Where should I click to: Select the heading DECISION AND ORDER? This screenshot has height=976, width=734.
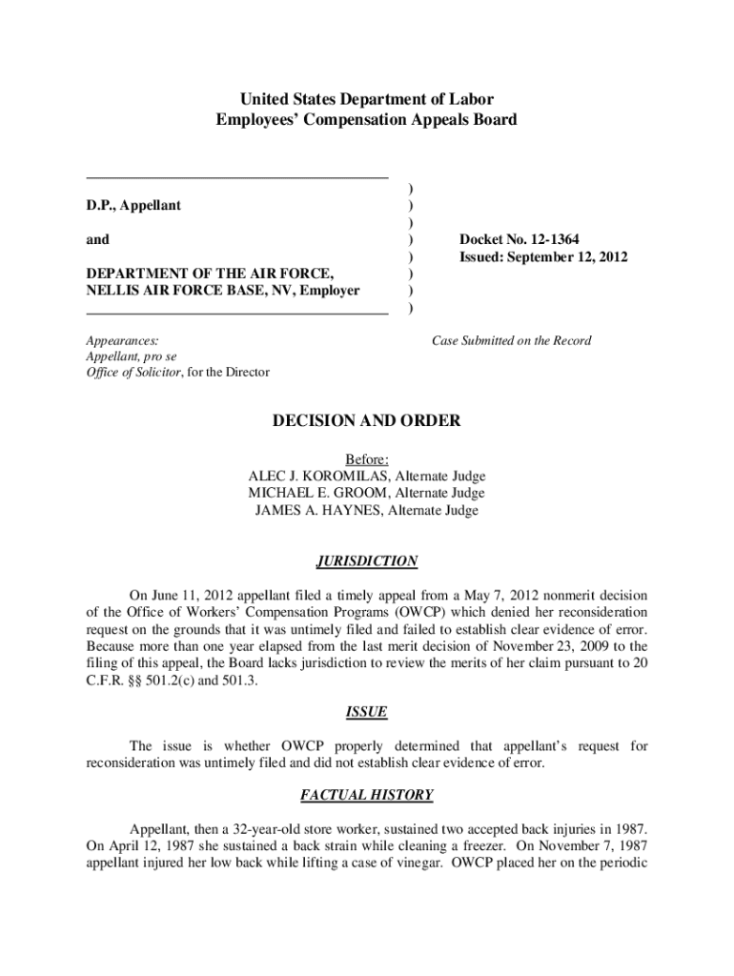click(367, 420)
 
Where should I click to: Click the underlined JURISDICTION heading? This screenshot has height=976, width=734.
click(367, 561)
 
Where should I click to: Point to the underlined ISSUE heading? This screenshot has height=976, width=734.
click(367, 712)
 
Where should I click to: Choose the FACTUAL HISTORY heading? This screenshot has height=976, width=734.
click(367, 794)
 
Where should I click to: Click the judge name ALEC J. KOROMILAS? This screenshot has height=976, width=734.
click(322, 476)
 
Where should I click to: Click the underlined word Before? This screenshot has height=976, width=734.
click(367, 458)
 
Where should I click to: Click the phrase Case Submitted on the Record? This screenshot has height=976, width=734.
click(511, 340)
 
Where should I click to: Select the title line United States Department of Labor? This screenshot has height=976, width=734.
click(367, 99)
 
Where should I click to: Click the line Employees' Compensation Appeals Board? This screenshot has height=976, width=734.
click(367, 119)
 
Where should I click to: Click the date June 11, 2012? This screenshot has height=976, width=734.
click(189, 594)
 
